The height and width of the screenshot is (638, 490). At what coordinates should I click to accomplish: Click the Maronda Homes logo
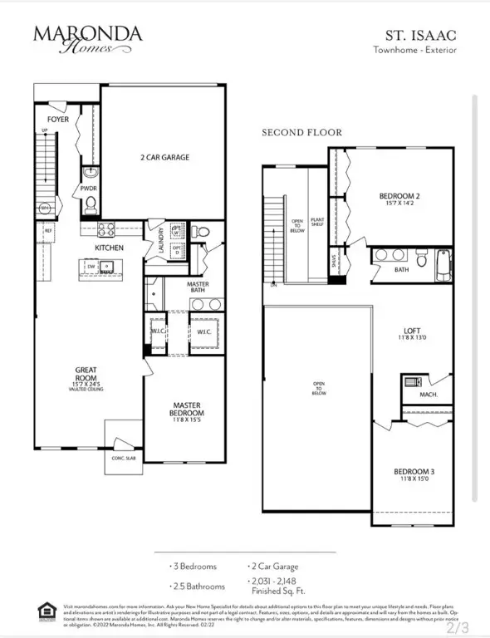[x=87, y=38]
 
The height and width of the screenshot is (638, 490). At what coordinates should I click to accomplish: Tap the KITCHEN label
[x=110, y=248]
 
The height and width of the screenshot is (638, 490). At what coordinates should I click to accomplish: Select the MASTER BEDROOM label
[x=189, y=410]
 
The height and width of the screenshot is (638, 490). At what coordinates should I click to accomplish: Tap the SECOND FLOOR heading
[x=301, y=132]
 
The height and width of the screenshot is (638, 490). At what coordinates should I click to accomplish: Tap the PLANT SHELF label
[x=316, y=220]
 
